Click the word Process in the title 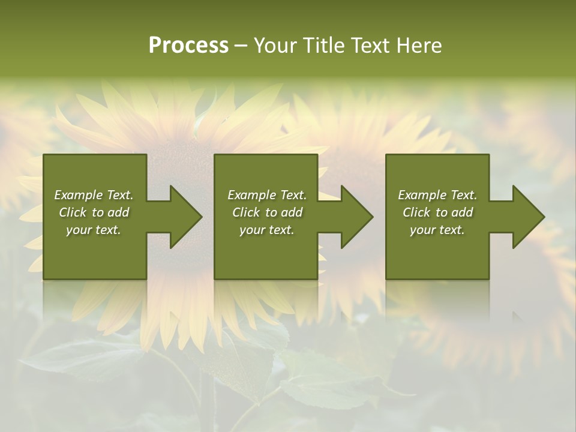tap(188, 46)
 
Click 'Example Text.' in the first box tap(94, 195)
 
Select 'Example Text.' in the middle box tap(266, 195)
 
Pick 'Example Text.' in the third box tap(437, 195)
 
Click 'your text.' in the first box tap(94, 230)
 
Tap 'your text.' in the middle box tap(266, 230)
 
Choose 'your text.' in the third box tap(437, 230)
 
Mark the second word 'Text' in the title tap(372, 46)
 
